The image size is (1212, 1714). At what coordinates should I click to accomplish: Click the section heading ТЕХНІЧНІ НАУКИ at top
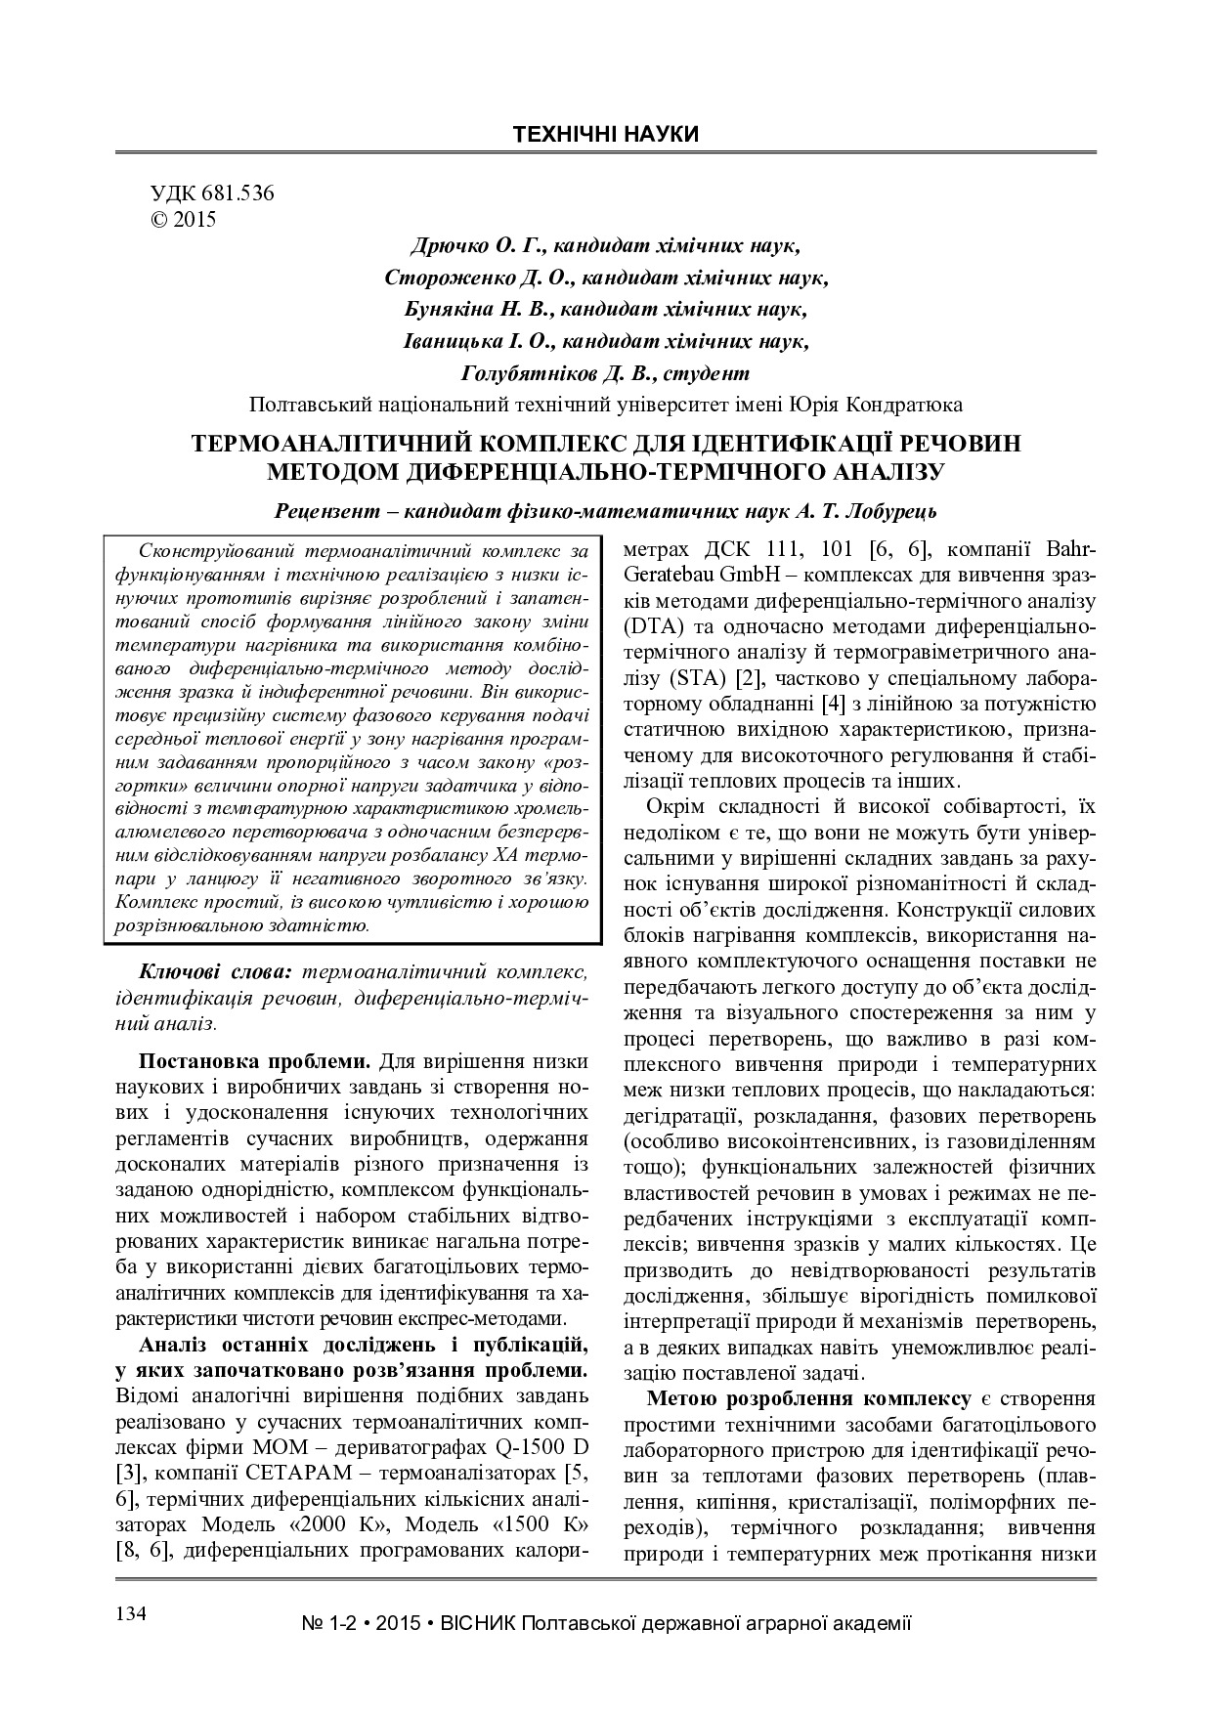pos(606,135)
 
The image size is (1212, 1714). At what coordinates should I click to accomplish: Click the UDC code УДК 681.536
pos(211,193)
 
